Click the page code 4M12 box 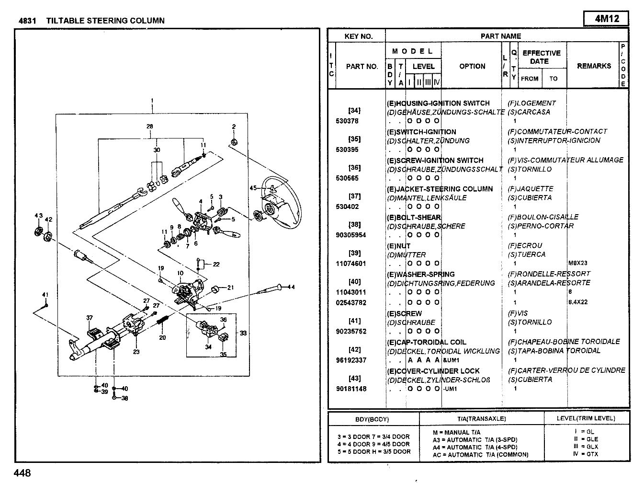pos(606,19)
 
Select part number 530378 pos(347,121)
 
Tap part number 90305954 pos(351,235)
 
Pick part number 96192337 pos(351,360)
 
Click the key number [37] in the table pos(354,196)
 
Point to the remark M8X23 pos(578,263)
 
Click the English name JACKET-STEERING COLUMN pos(440,189)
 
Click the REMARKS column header pos(594,66)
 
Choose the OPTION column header pos(472,66)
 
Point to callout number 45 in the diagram pos(253,188)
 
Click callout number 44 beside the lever pos(291,287)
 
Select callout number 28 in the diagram pos(150,127)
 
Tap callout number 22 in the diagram pos(216,264)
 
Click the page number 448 pos(23,473)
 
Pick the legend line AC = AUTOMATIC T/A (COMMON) pos(480,454)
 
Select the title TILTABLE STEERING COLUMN pos(105,21)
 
